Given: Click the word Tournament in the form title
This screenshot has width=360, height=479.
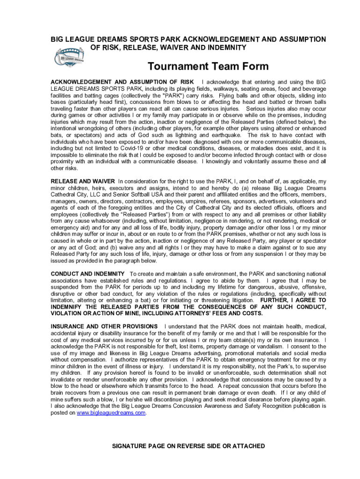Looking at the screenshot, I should click(174, 66).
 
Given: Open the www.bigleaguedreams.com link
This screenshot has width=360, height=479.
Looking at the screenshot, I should click(111, 413).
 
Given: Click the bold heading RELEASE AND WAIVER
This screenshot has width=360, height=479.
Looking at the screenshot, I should click(83, 181).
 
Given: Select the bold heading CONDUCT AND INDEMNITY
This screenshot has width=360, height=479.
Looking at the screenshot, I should click(87, 274).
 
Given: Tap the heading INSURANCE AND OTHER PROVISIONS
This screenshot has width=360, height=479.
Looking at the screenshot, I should click(104, 326).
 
